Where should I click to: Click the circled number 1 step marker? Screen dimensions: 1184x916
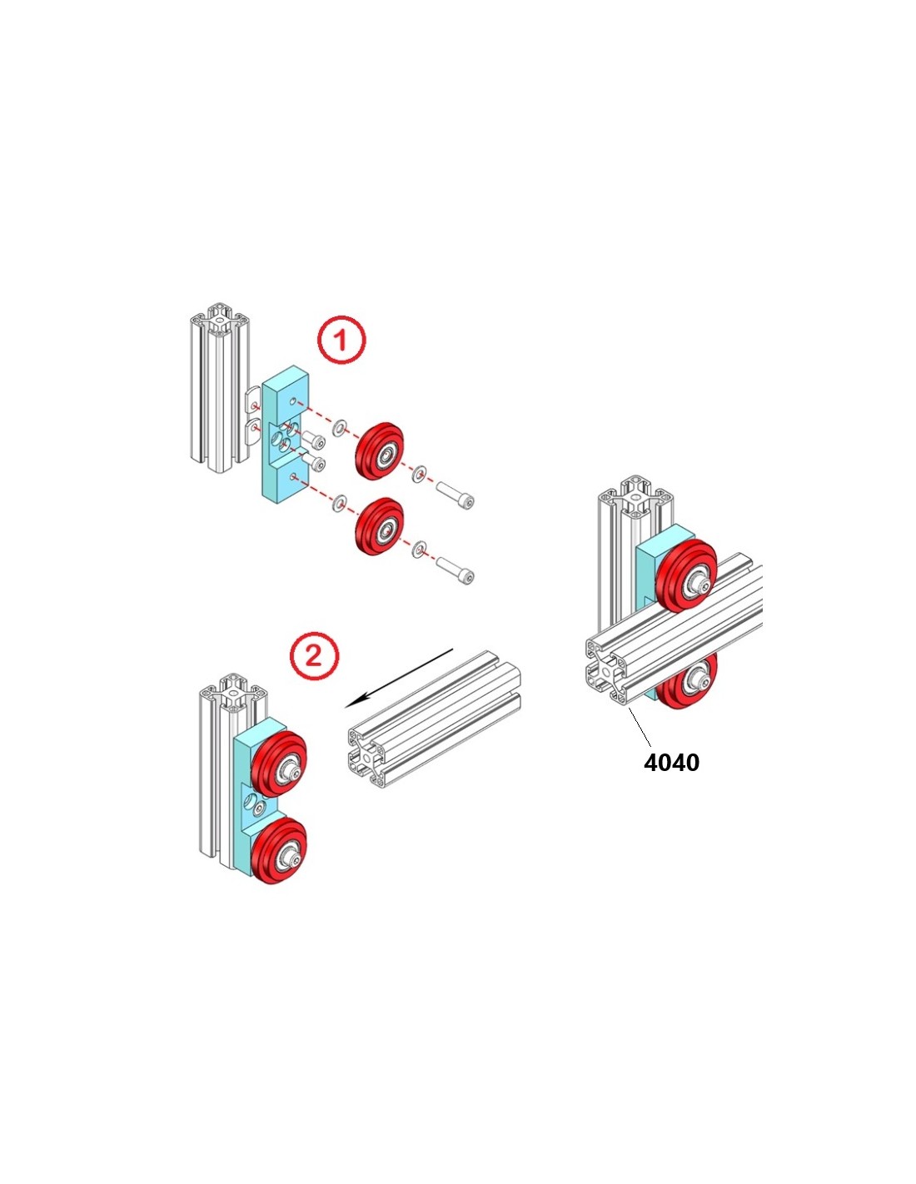(341, 340)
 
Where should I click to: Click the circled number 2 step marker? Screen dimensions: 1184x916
(314, 657)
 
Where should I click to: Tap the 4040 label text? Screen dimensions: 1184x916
(671, 762)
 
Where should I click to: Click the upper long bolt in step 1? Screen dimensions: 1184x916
(455, 495)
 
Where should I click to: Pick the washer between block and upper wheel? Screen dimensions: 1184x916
(340, 429)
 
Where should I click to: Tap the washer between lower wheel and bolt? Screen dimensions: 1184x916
(420, 548)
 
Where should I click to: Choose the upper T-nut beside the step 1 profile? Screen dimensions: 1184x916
(255, 401)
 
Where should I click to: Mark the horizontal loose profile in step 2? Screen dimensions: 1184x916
(433, 720)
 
